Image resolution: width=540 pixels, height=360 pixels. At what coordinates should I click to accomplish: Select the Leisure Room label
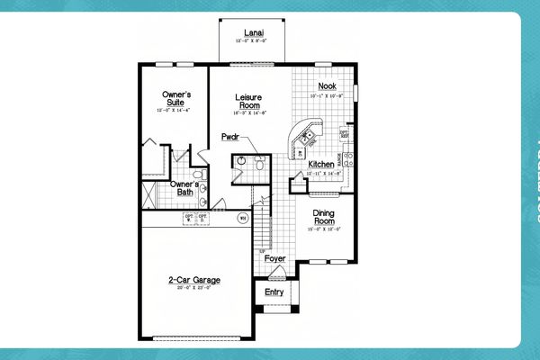(x=247, y=101)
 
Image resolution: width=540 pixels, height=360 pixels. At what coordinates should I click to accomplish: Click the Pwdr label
(x=229, y=138)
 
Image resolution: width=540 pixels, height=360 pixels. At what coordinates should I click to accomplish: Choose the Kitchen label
(x=321, y=165)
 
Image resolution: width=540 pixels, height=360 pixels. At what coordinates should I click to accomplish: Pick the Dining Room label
(x=324, y=217)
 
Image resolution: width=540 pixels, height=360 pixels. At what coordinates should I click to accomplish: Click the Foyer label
(x=275, y=258)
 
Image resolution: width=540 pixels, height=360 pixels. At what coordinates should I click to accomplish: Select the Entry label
(x=274, y=292)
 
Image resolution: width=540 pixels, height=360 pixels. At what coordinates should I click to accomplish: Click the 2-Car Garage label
(x=194, y=280)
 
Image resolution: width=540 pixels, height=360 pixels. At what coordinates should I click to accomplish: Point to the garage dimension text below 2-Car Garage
(x=194, y=288)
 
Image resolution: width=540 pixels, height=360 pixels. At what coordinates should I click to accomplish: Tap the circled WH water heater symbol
(x=241, y=218)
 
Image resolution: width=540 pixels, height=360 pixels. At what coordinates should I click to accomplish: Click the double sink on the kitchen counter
(x=307, y=137)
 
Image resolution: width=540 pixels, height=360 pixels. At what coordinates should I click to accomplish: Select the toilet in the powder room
(x=258, y=165)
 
